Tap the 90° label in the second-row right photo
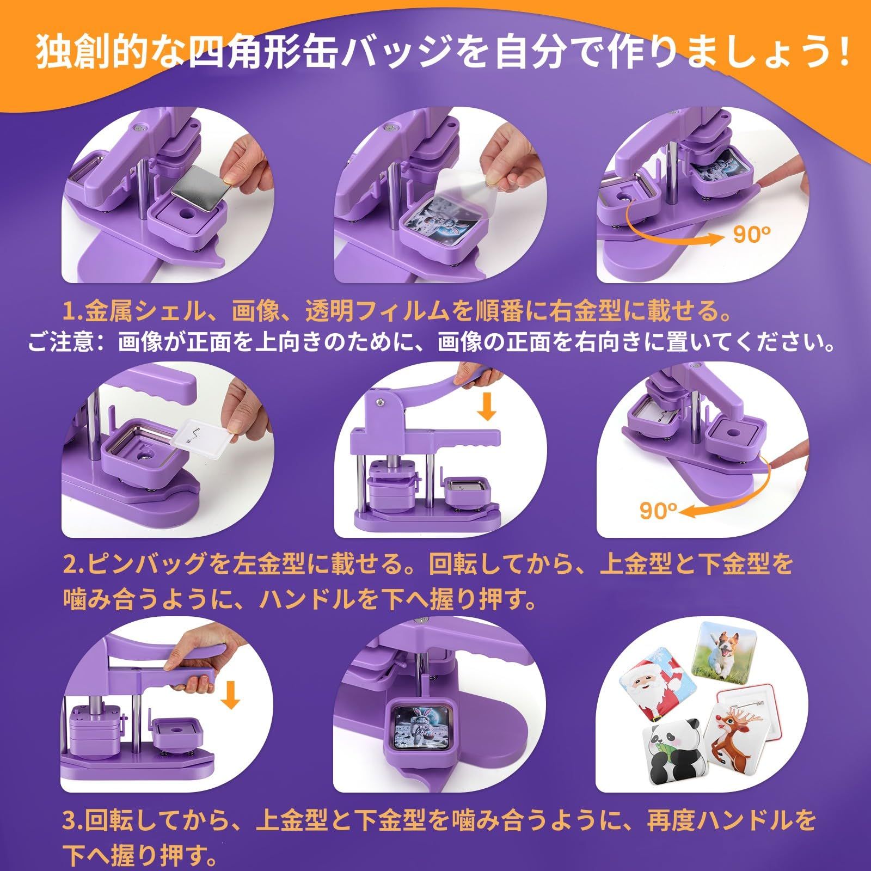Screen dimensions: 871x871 point(658,511)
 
